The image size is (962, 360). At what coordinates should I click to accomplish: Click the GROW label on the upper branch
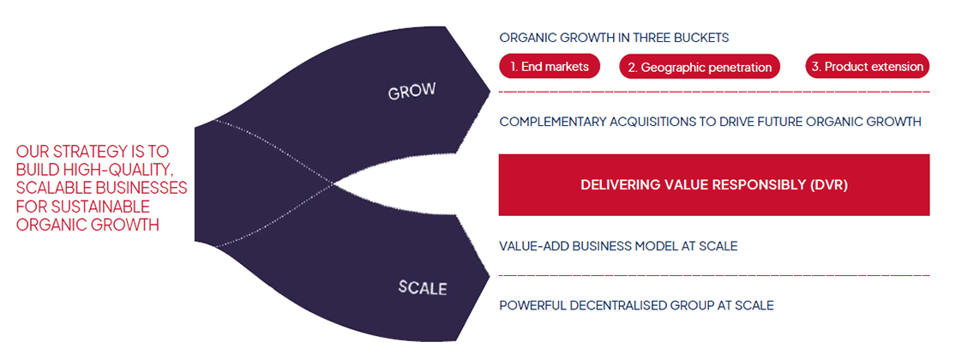click(x=412, y=91)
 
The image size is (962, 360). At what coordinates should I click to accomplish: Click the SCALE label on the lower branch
click(x=422, y=287)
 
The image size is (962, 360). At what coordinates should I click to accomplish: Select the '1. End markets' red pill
click(x=550, y=66)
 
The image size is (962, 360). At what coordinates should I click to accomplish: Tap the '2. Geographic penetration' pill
click(x=700, y=67)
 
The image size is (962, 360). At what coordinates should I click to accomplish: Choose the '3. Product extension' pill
click(x=868, y=66)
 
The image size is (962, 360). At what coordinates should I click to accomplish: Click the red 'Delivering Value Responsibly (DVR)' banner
click(x=713, y=184)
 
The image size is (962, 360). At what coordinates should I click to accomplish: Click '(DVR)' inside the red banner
click(x=828, y=184)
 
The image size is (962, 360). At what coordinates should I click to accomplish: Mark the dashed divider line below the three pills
click(x=713, y=91)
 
